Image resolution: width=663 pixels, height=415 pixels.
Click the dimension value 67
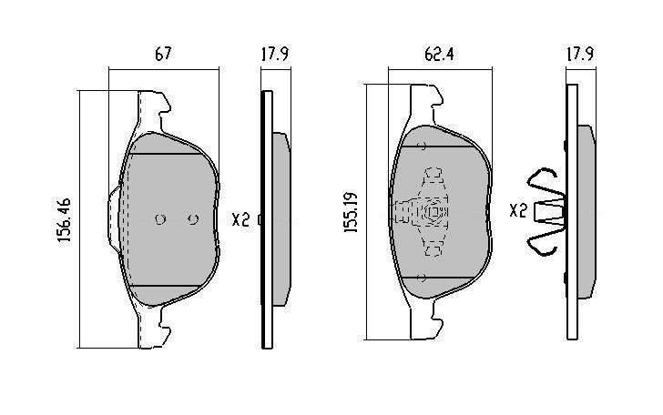pyautogui.click(x=163, y=54)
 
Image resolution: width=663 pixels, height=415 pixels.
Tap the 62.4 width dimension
pyautogui.click(x=439, y=54)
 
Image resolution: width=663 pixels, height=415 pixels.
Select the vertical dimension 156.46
pyautogui.click(x=65, y=219)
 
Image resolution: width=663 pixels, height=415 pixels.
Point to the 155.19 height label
pyautogui.click(x=351, y=212)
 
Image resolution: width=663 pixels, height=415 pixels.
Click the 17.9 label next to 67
pyautogui.click(x=275, y=54)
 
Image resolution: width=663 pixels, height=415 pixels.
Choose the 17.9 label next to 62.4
pyautogui.click(x=580, y=54)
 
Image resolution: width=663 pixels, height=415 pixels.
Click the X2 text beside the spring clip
pyautogui.click(x=518, y=210)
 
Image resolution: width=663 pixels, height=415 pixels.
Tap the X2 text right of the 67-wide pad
pyautogui.click(x=240, y=219)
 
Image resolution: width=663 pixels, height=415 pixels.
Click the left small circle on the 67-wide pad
pyautogui.click(x=160, y=219)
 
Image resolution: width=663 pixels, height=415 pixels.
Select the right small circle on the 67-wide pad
pyautogui.click(x=193, y=219)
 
